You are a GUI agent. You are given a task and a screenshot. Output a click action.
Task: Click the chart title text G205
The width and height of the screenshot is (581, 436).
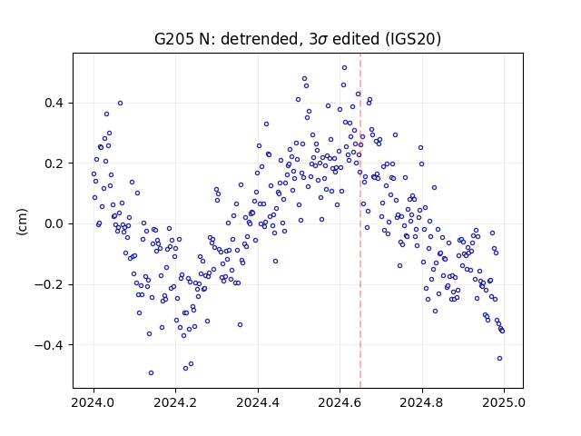pos(172,39)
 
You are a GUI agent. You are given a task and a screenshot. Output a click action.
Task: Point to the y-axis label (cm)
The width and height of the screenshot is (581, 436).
pos(22,222)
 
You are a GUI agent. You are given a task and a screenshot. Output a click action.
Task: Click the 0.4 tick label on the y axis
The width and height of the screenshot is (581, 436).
pos(54,103)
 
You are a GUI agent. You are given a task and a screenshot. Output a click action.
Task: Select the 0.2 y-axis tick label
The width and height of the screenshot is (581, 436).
pos(54,163)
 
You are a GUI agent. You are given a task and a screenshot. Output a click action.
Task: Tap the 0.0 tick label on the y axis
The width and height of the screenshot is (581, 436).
pos(54,224)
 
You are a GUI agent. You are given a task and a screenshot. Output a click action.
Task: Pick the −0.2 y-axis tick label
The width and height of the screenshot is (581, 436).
pos(48,284)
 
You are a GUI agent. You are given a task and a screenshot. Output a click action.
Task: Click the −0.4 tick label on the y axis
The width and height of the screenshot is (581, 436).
pos(48,345)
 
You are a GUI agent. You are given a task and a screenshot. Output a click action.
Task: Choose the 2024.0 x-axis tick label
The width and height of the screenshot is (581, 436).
pos(94,402)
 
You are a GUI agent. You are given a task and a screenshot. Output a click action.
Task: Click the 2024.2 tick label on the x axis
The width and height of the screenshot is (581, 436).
pos(175,402)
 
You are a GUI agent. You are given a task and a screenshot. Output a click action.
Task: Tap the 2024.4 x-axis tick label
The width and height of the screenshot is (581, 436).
pos(258,402)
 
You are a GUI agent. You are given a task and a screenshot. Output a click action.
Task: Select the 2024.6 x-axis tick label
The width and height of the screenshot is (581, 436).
pos(340,402)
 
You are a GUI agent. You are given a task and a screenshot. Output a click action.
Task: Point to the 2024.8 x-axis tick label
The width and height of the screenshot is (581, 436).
pos(421,402)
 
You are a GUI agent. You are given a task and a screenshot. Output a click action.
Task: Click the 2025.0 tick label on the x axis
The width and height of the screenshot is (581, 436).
pos(504,402)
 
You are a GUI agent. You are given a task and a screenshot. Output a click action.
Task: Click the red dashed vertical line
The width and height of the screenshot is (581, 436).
pos(360,221)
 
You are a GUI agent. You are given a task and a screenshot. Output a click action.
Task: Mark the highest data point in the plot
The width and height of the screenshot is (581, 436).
pos(344,68)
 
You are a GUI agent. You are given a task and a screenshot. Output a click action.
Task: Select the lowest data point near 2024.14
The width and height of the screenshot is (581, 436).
pos(151,373)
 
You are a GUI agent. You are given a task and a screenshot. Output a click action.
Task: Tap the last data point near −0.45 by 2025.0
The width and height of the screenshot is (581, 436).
pos(499,359)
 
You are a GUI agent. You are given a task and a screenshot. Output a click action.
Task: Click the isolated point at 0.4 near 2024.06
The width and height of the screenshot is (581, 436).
pos(120,104)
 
